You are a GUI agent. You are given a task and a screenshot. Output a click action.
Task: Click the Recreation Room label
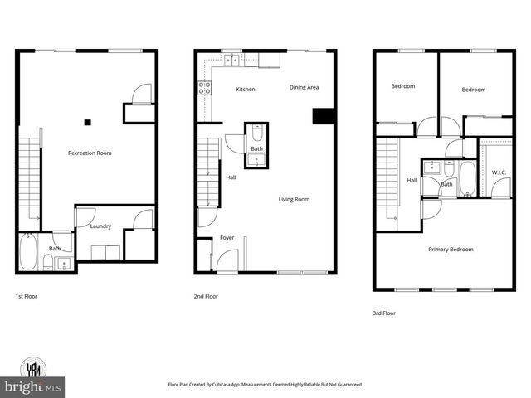click(x=90, y=153)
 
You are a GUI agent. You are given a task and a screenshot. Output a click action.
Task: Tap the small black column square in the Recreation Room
click(x=87, y=123)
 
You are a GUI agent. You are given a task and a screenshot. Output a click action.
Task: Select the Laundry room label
click(x=100, y=225)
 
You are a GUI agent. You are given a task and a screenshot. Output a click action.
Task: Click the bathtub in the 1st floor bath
click(x=29, y=250)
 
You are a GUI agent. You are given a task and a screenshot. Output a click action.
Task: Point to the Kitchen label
click(x=245, y=89)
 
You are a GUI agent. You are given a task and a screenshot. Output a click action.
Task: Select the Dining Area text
click(x=304, y=87)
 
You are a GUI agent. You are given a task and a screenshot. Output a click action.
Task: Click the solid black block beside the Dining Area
click(x=321, y=116)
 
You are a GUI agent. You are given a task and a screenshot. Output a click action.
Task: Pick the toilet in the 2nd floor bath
click(x=257, y=133)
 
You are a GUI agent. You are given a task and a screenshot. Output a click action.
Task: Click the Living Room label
click(x=294, y=199)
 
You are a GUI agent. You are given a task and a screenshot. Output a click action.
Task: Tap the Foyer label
click(x=227, y=238)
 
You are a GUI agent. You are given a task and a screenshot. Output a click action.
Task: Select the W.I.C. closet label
click(x=499, y=172)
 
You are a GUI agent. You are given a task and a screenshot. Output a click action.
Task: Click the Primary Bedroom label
click(x=451, y=250)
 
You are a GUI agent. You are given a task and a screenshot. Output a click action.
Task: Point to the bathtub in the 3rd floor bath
click(x=467, y=177)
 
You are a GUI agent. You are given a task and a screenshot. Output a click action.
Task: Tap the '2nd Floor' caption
click(x=206, y=296)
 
